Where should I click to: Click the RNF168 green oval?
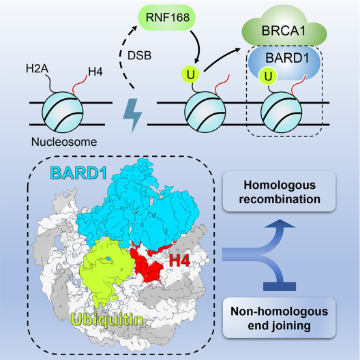[166, 18]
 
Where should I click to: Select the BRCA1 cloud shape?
[284, 27]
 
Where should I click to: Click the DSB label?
[139, 55]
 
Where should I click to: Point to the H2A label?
[37, 68]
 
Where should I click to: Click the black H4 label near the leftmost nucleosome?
[95, 72]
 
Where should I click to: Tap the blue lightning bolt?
[132, 115]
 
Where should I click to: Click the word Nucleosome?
[64, 142]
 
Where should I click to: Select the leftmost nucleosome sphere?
[63, 112]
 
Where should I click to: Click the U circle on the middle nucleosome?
[190, 74]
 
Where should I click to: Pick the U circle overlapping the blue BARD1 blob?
[268, 76]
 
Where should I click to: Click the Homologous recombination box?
[280, 192]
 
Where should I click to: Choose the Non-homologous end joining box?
[280, 318]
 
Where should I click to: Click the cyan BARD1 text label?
[78, 173]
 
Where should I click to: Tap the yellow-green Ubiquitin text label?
[107, 319]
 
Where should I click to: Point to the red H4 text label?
[180, 261]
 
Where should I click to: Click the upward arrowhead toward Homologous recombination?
[280, 224]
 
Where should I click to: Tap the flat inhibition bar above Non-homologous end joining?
[280, 287]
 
